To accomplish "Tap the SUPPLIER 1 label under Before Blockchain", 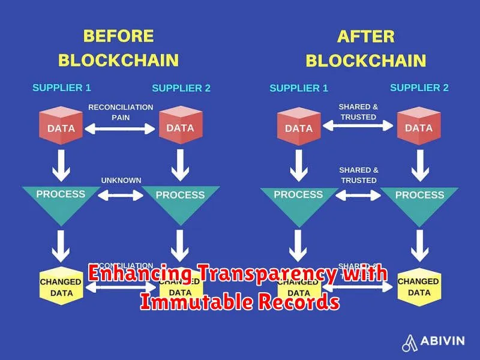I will click(62, 88).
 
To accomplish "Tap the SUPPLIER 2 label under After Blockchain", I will click(419, 88).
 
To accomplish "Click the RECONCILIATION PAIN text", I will click(121, 112).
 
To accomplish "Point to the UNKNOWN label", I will click(121, 180).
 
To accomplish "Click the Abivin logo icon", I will click(410, 341).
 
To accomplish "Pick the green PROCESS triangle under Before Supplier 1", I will click(61, 197).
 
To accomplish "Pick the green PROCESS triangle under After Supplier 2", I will click(419, 198).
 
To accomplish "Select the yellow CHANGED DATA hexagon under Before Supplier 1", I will click(61, 287).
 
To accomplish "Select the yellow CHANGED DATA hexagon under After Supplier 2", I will click(419, 287).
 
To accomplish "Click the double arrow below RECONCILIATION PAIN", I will click(121, 128).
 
